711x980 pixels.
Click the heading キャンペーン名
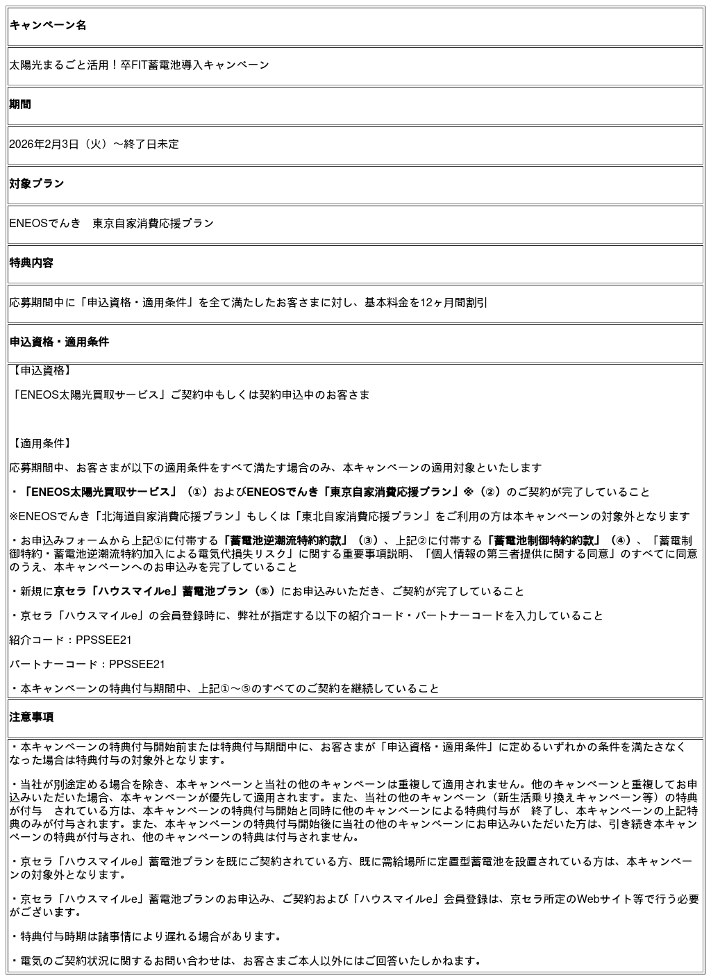click(x=48, y=26)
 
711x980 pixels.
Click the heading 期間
click(x=20, y=105)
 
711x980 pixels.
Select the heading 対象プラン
click(x=37, y=184)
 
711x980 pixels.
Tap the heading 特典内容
click(x=31, y=263)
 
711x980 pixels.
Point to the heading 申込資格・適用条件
click(x=59, y=342)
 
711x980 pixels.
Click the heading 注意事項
click(x=31, y=717)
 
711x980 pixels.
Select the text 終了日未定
click(x=151, y=144)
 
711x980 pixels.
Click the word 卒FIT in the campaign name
click(x=133, y=65)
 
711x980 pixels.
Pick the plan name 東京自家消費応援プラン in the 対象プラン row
click(x=153, y=224)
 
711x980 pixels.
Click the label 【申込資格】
click(x=42, y=371)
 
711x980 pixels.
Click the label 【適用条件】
click(x=42, y=444)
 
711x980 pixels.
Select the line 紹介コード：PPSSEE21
click(x=70, y=640)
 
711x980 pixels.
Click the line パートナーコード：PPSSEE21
click(x=87, y=665)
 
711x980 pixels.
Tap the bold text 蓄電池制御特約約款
click(x=543, y=541)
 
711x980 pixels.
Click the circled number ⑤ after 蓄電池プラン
click(x=265, y=592)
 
